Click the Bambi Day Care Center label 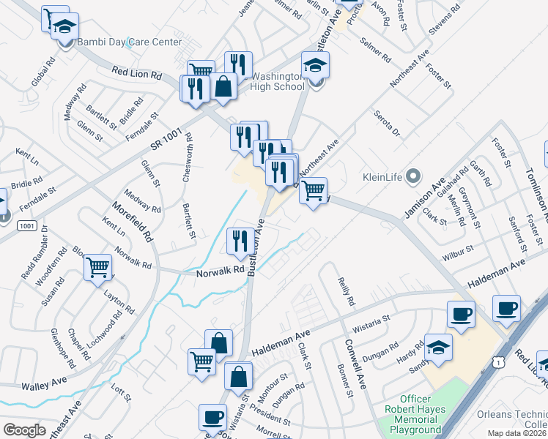point(130,42)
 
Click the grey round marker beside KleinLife point(414,176)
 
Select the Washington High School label point(278,81)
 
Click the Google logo point(24,429)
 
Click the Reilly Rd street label point(346,291)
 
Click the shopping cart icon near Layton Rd point(97,268)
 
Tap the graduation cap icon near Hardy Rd point(438,348)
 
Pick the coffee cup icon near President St point(212,417)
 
